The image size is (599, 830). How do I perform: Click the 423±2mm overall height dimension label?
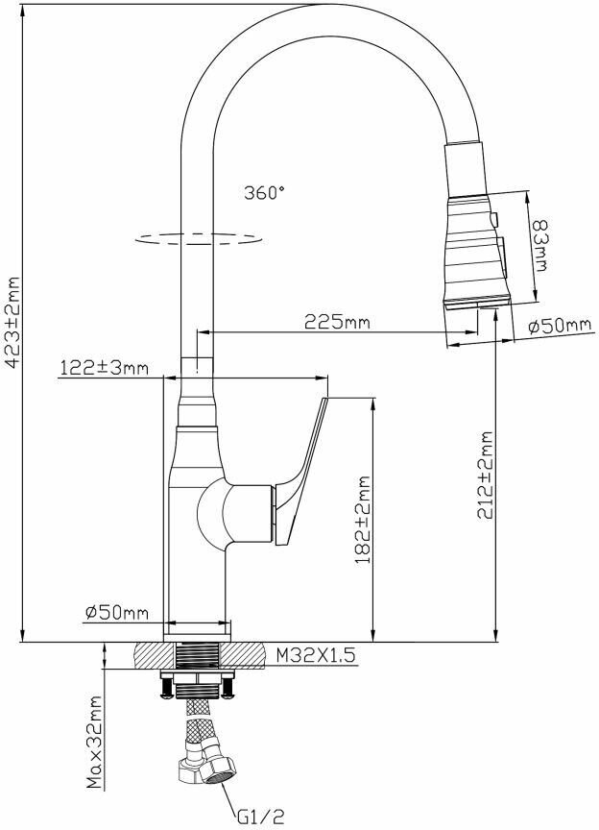click(12, 321)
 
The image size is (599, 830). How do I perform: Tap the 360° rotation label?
click(264, 192)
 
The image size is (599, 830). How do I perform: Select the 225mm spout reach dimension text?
click(337, 321)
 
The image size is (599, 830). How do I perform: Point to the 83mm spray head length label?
click(539, 246)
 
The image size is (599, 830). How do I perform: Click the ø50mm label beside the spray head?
click(560, 326)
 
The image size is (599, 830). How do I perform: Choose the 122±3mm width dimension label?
click(104, 367)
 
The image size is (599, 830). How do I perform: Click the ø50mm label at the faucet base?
click(117, 613)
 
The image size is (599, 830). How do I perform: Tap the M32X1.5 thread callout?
click(315, 655)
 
